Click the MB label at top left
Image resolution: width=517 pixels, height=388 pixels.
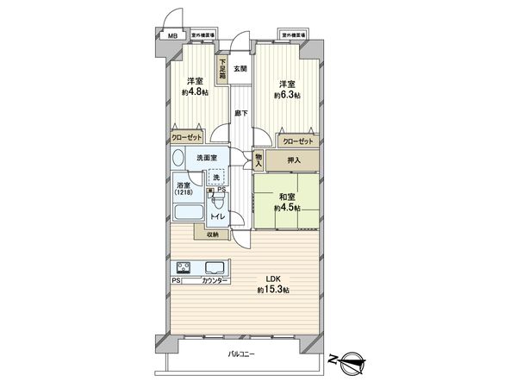click(171, 36)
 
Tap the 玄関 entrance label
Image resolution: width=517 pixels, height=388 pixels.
click(240, 69)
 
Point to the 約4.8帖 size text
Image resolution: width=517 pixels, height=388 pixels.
click(195, 92)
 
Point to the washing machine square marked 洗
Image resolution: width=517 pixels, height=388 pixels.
click(217, 177)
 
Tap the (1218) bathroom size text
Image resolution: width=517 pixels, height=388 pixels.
click(184, 192)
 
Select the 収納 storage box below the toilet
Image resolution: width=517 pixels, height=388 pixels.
click(212, 234)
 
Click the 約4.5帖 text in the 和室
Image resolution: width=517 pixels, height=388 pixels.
click(287, 208)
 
